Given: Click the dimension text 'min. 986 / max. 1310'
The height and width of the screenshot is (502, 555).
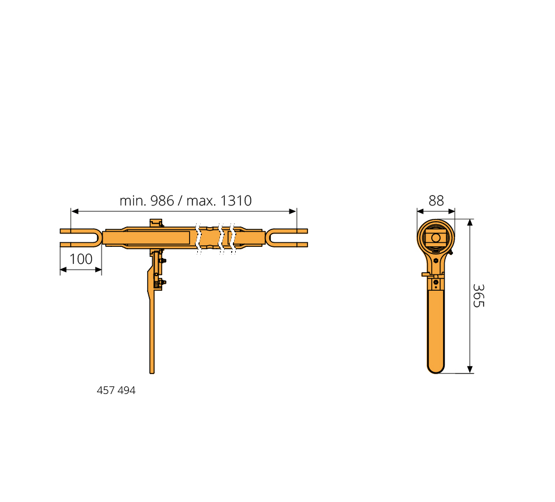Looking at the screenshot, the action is click(186, 201).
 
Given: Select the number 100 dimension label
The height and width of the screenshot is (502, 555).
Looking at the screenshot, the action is click(81, 259).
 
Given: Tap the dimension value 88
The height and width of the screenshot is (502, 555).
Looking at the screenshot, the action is click(436, 201).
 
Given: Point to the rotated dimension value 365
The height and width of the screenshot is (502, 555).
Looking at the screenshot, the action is click(479, 295).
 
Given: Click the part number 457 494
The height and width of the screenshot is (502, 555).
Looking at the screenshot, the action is click(116, 390).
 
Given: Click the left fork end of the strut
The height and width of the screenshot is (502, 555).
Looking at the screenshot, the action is click(81, 238).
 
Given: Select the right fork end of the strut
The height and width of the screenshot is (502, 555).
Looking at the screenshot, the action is click(287, 238).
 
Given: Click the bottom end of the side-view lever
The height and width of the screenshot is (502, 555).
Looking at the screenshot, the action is click(152, 371).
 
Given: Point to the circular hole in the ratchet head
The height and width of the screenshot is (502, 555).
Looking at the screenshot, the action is click(436, 238).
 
